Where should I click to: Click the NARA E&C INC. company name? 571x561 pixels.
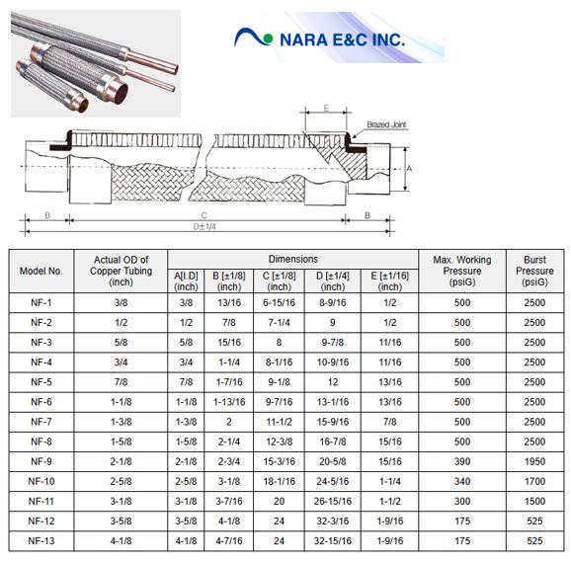pos(342,40)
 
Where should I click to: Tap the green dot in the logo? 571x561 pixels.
pos(268,39)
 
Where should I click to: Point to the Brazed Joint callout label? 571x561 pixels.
pos(386,124)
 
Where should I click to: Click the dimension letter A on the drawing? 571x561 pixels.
pos(409,169)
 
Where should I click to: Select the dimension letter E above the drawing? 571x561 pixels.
pos(326,108)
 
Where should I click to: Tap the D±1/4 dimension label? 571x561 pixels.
pos(204,226)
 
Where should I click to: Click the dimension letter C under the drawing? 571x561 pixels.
pos(204,215)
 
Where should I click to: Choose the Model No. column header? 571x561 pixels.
pos(41,271)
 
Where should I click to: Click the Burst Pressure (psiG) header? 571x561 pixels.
pos(534,271)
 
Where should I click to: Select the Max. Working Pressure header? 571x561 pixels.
pos(462,271)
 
